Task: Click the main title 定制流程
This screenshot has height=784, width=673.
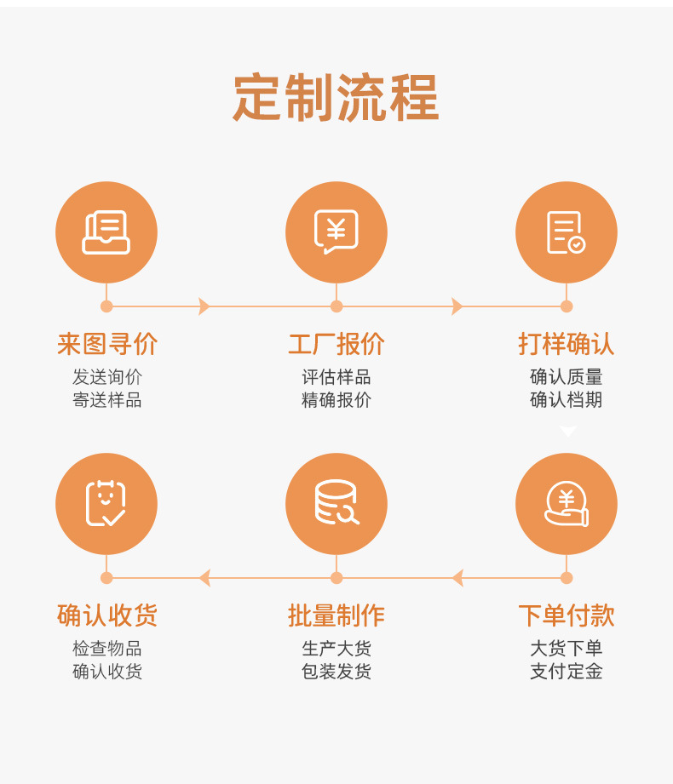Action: pos(336,97)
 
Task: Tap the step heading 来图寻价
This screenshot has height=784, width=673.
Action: pos(107,344)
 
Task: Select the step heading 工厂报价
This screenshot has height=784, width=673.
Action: pos(336,344)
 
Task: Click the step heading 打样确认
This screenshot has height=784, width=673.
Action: pos(566,344)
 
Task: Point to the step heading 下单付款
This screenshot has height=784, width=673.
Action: pos(566,615)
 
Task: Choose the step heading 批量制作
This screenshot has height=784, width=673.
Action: pos(336,615)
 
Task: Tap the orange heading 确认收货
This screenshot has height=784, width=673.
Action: pos(107,615)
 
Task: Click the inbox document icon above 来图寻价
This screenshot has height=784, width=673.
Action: pos(106,232)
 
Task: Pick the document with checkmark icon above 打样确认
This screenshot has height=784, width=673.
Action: pos(566,232)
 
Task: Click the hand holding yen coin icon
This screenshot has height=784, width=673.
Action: pos(567,504)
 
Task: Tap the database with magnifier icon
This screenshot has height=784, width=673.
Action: pos(336,502)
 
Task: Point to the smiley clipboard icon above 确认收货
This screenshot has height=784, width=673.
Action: pos(106,503)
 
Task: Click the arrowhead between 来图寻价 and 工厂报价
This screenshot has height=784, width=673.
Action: pos(204,306)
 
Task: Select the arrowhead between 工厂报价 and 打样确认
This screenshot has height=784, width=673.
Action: pos(457,306)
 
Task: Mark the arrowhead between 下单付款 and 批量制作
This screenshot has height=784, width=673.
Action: pos(457,578)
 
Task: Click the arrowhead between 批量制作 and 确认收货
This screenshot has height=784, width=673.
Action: pos(204,578)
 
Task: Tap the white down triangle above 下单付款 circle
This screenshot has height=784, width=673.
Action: pos(567,431)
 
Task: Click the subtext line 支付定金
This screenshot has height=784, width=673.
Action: pos(566,672)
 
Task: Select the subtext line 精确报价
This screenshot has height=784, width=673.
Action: pos(336,400)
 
